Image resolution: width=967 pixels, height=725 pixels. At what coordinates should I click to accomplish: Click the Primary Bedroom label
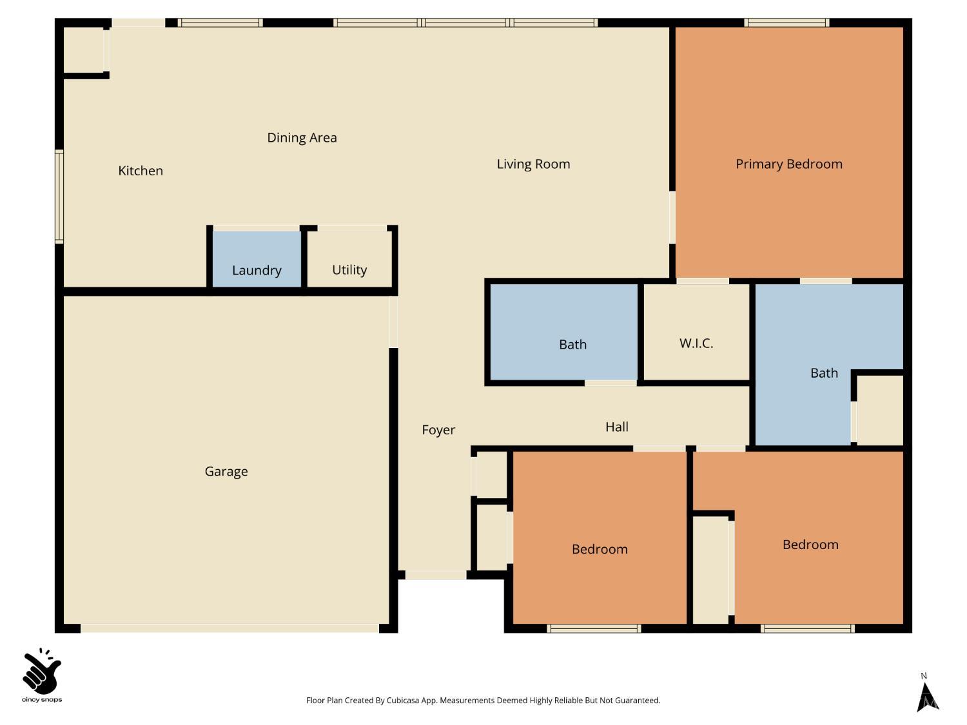788,164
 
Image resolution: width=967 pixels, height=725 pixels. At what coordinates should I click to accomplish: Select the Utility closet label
349,269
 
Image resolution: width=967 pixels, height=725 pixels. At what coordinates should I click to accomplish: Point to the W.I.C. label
696,343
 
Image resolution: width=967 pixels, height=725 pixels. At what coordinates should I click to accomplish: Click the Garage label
226,471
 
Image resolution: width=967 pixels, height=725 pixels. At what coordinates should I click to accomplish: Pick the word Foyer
438,430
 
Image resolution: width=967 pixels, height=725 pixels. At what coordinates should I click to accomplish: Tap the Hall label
617,427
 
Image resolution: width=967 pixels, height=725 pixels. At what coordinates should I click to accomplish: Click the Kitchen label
141,171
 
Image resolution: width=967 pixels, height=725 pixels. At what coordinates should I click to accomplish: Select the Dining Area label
302,137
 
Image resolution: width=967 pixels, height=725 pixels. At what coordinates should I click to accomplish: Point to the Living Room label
533,164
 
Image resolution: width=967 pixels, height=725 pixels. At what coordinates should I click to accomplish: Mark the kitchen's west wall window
59,197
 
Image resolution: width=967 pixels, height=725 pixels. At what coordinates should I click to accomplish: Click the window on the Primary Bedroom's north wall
786,23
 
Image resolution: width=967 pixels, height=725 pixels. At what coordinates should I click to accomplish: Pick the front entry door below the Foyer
436,575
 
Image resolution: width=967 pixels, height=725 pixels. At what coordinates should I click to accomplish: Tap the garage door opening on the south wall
230,628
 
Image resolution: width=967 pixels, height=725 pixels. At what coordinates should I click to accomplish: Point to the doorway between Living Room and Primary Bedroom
672,217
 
